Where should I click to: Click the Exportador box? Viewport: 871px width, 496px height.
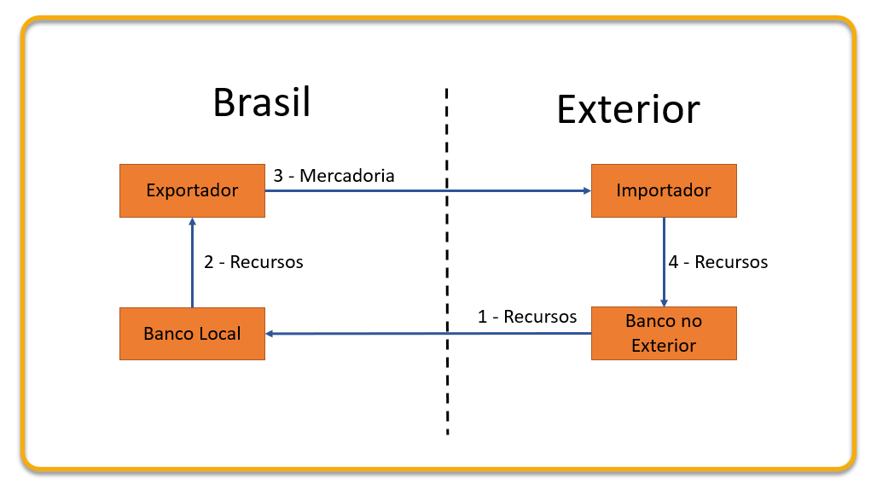click(x=192, y=190)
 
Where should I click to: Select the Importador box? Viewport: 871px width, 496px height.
click(x=664, y=190)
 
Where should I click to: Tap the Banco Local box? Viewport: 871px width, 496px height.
click(x=192, y=334)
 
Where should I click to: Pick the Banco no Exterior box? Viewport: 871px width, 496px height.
click(x=664, y=334)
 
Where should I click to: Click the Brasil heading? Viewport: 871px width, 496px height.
click(x=262, y=102)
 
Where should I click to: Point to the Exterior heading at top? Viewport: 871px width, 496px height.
click(x=628, y=109)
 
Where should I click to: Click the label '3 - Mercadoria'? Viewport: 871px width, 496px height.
click(x=334, y=176)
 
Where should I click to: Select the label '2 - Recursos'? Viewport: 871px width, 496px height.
click(x=253, y=262)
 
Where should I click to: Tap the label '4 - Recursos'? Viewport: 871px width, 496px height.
click(x=717, y=262)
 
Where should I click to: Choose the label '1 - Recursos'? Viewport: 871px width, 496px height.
click(x=527, y=317)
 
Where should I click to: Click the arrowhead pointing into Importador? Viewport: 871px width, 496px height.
click(x=587, y=190)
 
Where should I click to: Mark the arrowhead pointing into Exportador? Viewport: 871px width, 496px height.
click(x=192, y=221)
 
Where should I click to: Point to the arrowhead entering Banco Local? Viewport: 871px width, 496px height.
click(x=270, y=334)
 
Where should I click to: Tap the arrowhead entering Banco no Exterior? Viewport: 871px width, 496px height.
click(x=664, y=303)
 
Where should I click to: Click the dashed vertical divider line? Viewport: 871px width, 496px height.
click(x=447, y=261)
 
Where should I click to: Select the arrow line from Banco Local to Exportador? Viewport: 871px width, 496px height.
click(x=192, y=262)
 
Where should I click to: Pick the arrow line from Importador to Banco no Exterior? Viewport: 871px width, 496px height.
click(x=664, y=262)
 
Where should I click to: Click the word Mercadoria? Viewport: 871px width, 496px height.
click(x=347, y=176)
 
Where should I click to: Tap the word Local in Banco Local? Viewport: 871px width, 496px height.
click(x=220, y=334)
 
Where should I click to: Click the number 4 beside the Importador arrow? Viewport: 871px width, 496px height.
click(x=673, y=262)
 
